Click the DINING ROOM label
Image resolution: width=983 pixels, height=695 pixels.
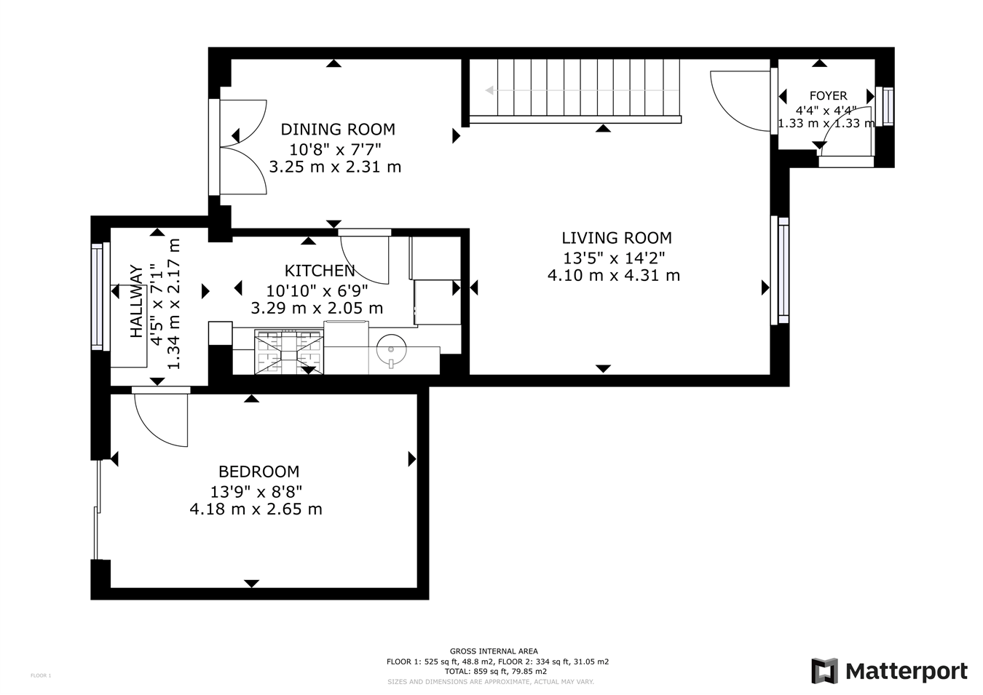coord(338,130)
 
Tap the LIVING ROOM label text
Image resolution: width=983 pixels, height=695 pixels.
coord(616,238)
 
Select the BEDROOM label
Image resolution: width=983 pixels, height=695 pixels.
coord(258,472)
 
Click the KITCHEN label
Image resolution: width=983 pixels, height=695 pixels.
coord(320,271)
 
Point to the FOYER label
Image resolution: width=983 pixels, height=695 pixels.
coord(828,96)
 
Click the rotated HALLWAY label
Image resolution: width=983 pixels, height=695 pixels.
coord(136,301)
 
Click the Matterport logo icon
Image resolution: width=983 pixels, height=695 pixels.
coord(824,671)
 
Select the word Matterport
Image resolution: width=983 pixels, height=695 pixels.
coord(907,671)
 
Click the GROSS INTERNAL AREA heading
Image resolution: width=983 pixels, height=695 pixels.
coord(494,651)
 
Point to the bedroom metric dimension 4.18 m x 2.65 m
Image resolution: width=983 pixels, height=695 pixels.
coord(256,509)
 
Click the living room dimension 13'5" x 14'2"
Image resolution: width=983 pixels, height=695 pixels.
coord(614,257)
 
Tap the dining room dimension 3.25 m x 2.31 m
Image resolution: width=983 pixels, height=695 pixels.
coord(335,167)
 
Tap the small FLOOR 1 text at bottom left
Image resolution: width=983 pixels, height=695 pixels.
coord(41,675)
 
